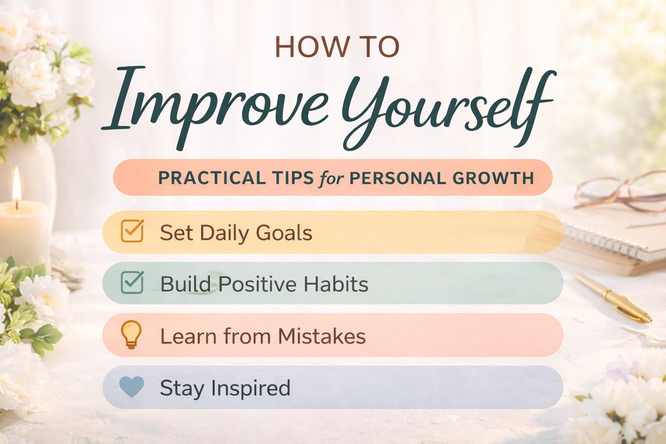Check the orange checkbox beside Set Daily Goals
pos(132,231)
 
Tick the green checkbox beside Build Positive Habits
pos(132,283)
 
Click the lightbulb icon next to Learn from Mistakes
pos(131,335)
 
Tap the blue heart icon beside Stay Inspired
pos(132,387)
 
